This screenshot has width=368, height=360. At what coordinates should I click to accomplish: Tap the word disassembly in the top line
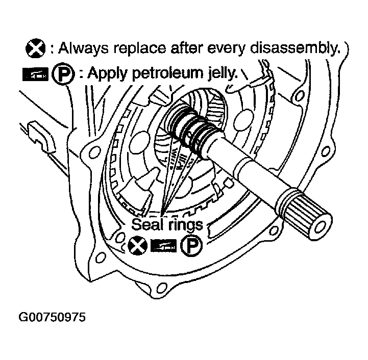click(x=295, y=48)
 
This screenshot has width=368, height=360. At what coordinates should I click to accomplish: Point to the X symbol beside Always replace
click(x=36, y=48)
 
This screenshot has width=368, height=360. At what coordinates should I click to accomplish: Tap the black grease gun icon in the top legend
click(x=35, y=74)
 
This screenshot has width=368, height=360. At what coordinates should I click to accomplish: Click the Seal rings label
click(x=167, y=225)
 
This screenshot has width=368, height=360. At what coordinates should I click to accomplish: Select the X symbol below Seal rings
click(x=138, y=246)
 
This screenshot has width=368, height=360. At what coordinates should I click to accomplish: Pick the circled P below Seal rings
click(x=191, y=245)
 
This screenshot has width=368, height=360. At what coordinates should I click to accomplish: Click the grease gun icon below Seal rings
click(x=163, y=246)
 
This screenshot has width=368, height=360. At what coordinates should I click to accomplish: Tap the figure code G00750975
click(x=52, y=317)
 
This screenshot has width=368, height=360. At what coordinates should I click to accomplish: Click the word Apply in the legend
click(x=108, y=73)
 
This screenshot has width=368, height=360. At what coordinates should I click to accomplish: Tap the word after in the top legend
click(x=187, y=48)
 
